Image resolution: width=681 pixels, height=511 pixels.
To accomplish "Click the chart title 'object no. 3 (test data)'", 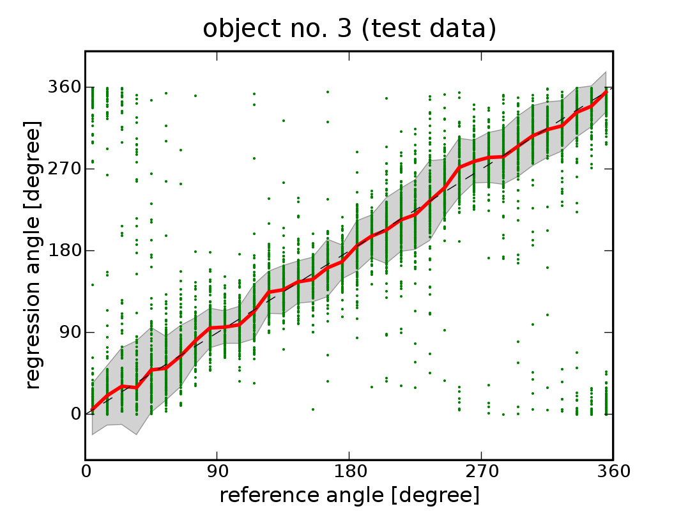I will (x=349, y=29).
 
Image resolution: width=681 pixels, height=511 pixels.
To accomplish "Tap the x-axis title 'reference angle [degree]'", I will (x=349, y=495).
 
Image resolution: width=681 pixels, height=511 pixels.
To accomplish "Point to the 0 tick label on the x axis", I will (x=86, y=472).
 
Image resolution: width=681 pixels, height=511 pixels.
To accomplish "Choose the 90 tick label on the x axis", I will (x=217, y=472).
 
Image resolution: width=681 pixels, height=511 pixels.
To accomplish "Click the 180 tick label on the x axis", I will (x=349, y=472).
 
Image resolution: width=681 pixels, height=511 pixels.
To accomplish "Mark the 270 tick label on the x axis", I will (x=481, y=472).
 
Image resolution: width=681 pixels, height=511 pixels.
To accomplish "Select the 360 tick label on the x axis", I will (x=613, y=472).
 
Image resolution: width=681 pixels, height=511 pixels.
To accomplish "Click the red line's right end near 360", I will (x=606, y=92).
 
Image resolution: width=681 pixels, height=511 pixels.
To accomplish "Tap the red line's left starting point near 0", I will (x=93, y=409).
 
